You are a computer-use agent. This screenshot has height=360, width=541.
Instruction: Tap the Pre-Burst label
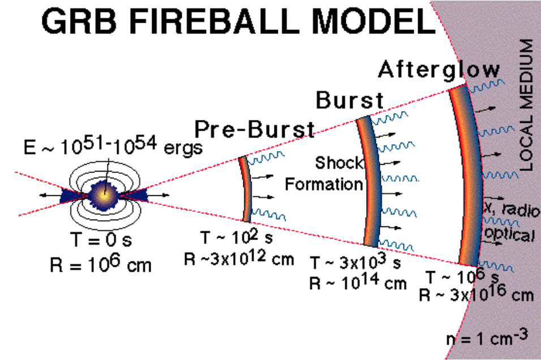click(254, 130)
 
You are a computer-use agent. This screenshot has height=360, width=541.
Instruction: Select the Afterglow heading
click(439, 70)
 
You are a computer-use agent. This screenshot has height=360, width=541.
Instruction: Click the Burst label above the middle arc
click(349, 100)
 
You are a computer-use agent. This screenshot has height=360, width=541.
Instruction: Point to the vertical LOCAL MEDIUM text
click(526, 105)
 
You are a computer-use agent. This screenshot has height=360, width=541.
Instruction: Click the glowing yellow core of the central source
click(106, 195)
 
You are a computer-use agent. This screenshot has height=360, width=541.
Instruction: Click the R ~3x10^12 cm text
click(239, 259)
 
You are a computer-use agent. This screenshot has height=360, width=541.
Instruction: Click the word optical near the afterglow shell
click(508, 235)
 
